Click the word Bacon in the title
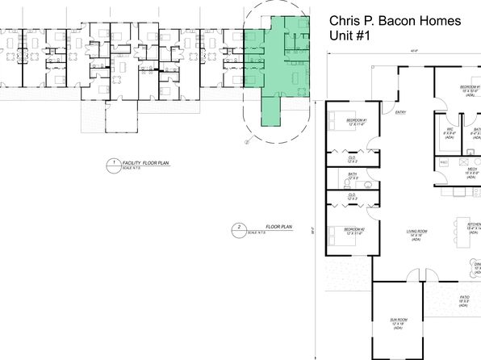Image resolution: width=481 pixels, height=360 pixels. pos(402,22)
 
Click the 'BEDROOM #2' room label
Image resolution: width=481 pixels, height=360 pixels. pos(354,231)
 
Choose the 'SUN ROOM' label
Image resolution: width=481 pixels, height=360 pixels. pos(398,322)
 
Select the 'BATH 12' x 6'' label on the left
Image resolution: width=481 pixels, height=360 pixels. pos(352,176)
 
